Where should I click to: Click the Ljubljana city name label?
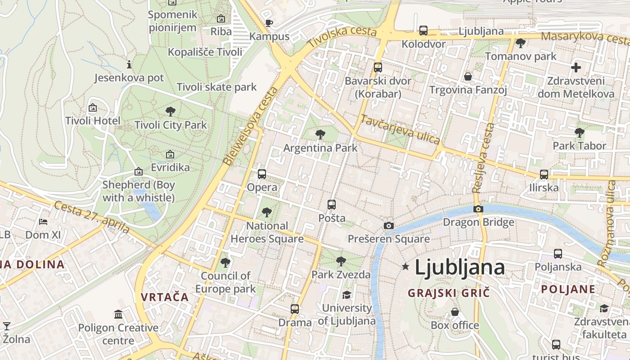point(459,268)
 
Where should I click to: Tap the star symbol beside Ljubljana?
point(405,267)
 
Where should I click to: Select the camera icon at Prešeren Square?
point(389,225)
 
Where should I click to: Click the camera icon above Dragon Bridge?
point(478,209)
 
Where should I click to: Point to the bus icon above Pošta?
point(332,205)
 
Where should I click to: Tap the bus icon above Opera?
point(262,174)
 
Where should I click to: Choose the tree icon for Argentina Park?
point(320,134)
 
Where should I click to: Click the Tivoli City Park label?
point(171,125)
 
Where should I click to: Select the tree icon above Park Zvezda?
point(341,261)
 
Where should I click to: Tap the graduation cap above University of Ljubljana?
point(346,295)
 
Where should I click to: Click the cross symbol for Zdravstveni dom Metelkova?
point(576,68)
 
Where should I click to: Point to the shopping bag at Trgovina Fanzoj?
point(468,76)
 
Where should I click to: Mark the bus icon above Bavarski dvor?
point(378,67)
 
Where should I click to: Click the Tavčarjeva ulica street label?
point(400,130)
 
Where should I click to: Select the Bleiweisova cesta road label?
point(250,126)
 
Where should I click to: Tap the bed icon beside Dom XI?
point(43,221)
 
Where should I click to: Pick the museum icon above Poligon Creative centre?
point(118,314)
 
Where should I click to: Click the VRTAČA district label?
point(164,297)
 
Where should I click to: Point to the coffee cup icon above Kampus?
point(269,23)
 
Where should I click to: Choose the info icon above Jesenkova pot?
point(129,64)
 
